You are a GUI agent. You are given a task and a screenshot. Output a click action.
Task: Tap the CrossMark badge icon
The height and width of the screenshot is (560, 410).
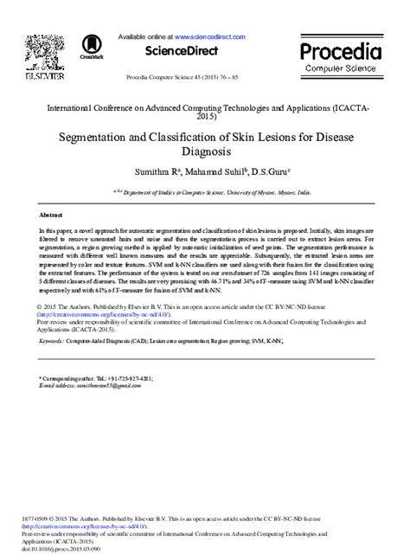click(90, 47)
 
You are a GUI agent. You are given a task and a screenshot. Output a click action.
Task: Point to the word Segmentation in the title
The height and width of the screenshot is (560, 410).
click(99, 138)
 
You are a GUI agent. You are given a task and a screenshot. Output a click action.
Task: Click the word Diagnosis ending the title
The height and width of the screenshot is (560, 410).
click(204, 152)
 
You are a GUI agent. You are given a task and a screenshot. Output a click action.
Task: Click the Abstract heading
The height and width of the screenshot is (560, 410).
click(51, 213)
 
